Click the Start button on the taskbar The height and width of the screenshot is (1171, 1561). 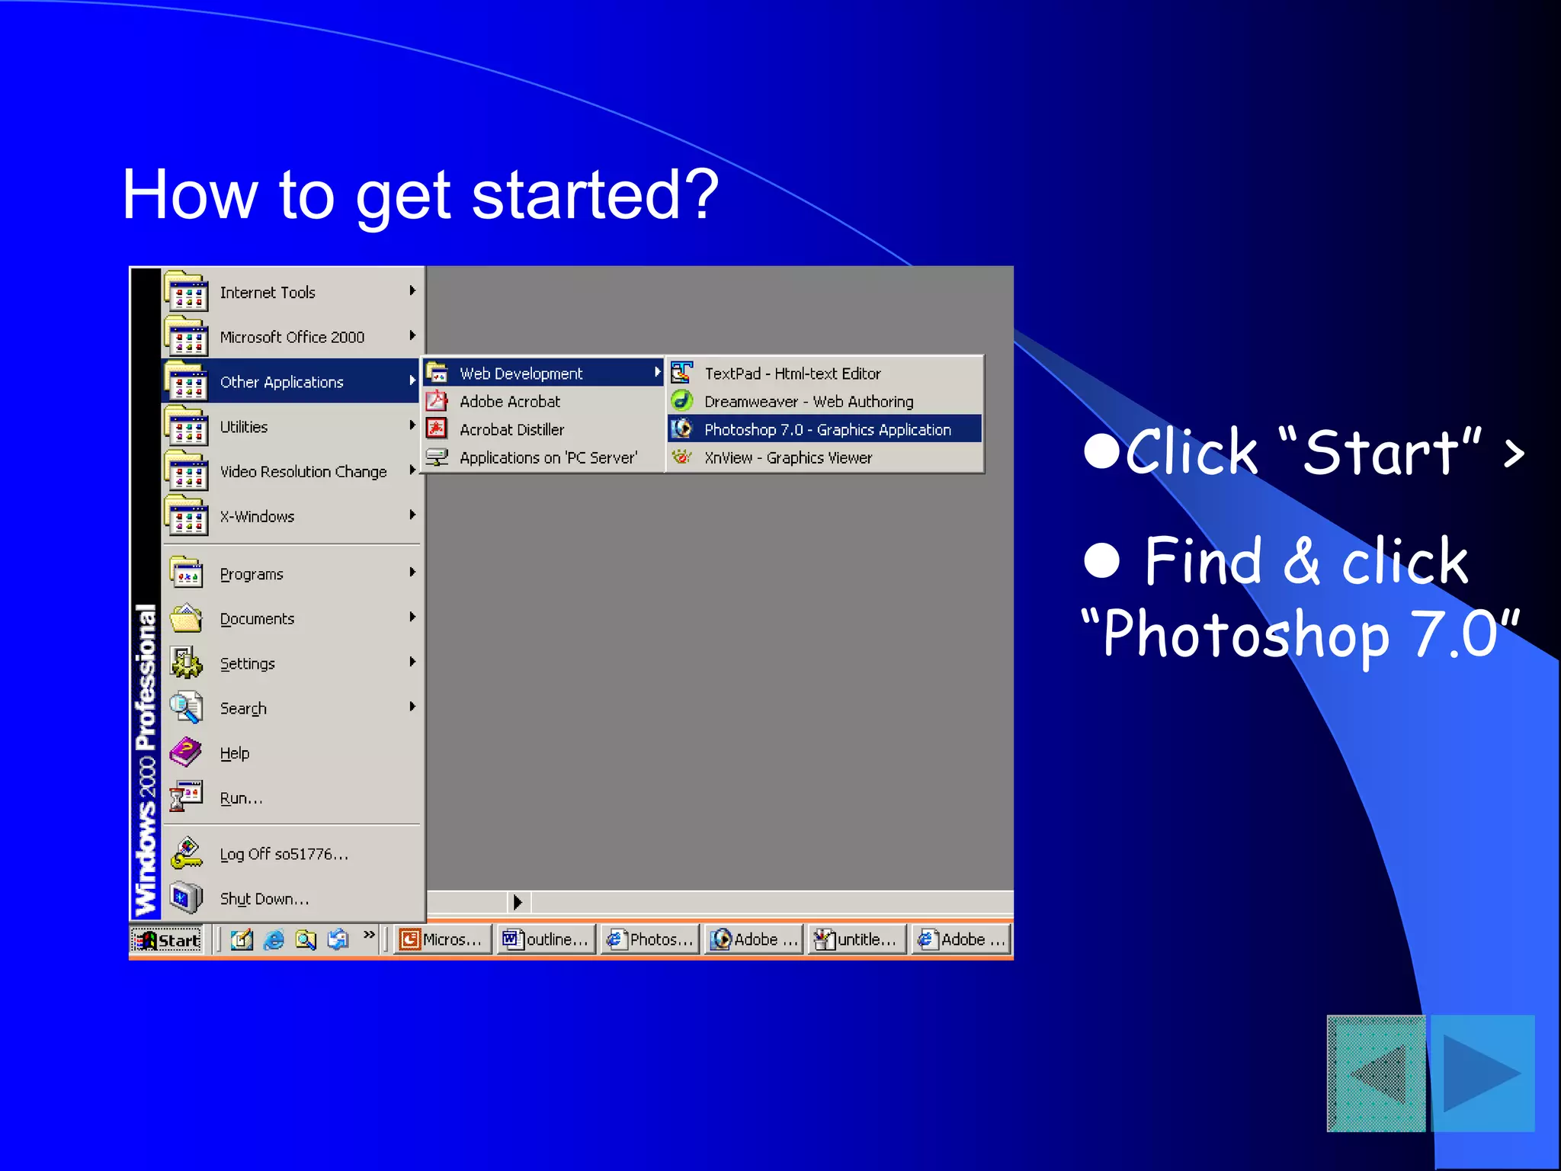pyautogui.click(x=168, y=940)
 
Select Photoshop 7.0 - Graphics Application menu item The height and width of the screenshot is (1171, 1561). pyautogui.click(x=826, y=430)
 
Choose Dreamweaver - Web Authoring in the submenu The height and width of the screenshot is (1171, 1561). pyautogui.click(x=808, y=402)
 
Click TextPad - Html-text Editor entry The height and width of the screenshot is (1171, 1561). pyautogui.click(x=792, y=374)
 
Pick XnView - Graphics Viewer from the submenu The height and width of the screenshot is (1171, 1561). pyautogui.click(x=787, y=458)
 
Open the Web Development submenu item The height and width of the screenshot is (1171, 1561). pyautogui.click(x=521, y=374)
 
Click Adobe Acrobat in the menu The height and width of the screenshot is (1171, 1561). pyautogui.click(x=509, y=402)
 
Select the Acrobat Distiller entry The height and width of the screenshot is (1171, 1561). pyautogui.click(x=511, y=430)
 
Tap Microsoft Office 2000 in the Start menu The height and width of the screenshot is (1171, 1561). pyautogui.click(x=292, y=337)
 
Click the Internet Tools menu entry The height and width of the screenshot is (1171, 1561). pyautogui.click(x=267, y=293)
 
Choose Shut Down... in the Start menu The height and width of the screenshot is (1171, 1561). pyautogui.click(x=264, y=899)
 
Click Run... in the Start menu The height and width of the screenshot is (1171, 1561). pyautogui.click(x=241, y=798)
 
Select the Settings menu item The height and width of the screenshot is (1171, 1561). pyautogui.click(x=247, y=664)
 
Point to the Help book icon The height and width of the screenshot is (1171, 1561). pyautogui.click(x=186, y=752)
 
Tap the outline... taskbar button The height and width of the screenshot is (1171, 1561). pyautogui.click(x=546, y=940)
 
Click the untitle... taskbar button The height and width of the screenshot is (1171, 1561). pyautogui.click(x=857, y=940)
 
